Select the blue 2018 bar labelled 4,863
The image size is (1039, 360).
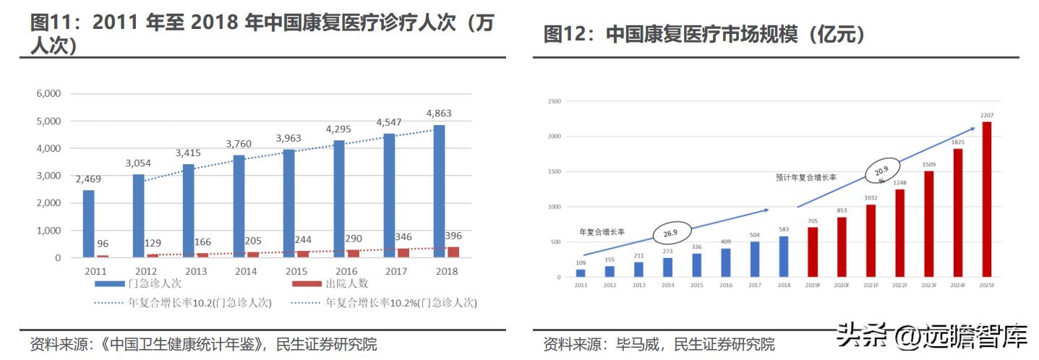(x=439, y=192)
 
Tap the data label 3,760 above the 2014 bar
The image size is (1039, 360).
(x=239, y=144)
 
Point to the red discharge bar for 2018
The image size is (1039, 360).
(x=453, y=252)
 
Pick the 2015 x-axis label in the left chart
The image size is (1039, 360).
(x=295, y=271)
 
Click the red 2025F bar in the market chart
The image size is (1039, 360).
(x=986, y=200)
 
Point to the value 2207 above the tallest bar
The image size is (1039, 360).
(x=986, y=115)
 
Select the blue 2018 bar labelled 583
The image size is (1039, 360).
(x=783, y=257)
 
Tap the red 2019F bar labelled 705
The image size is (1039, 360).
(x=813, y=252)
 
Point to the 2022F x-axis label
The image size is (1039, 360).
(x=899, y=286)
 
